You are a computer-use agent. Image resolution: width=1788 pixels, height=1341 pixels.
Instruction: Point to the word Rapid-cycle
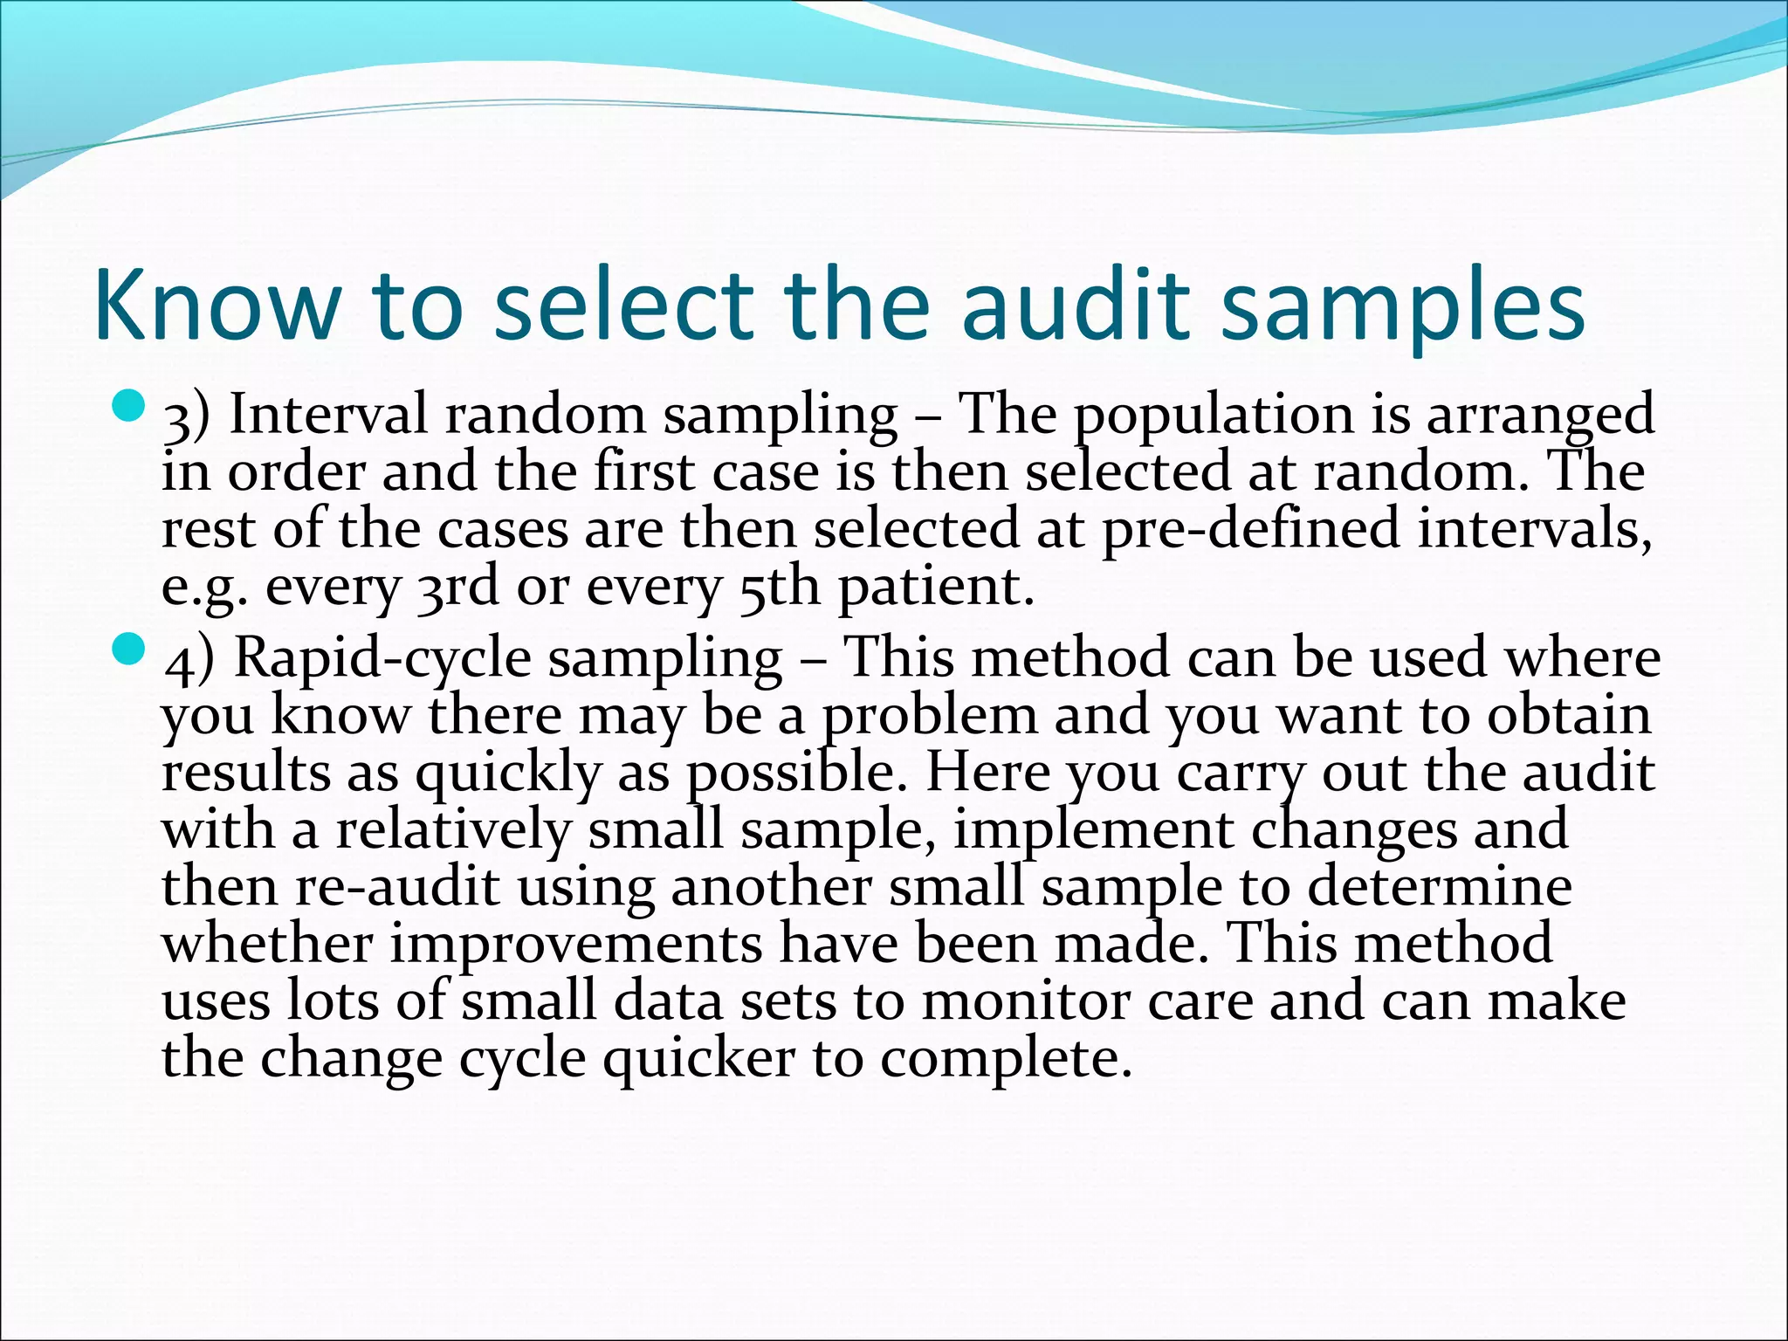(382, 657)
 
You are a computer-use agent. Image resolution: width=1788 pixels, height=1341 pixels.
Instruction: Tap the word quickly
(508, 774)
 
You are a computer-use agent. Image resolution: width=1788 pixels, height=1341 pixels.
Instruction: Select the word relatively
(453, 829)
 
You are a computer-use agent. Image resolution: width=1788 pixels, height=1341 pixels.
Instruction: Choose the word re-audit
(397, 887)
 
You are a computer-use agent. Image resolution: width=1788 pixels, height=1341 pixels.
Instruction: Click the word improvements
(575, 945)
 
